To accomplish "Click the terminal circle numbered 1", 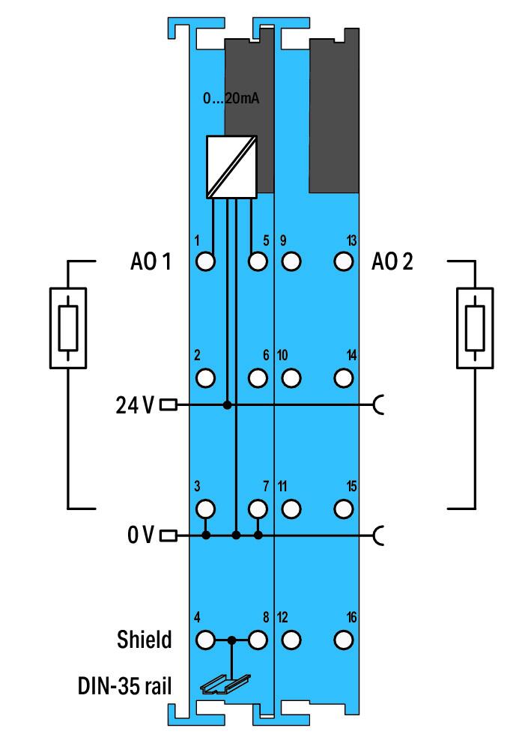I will point(205,261).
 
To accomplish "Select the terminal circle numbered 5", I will point(258,261).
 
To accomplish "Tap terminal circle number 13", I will point(344,261).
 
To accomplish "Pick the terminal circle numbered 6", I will point(258,377).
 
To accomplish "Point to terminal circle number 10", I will point(292,377).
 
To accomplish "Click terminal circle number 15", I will point(344,509).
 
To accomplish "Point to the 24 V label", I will point(135,405).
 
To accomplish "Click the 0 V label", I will point(140,536).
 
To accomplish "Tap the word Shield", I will point(145,640).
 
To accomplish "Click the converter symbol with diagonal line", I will point(232,166).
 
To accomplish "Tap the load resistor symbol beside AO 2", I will point(475,327).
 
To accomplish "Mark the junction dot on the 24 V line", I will point(227,405).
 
